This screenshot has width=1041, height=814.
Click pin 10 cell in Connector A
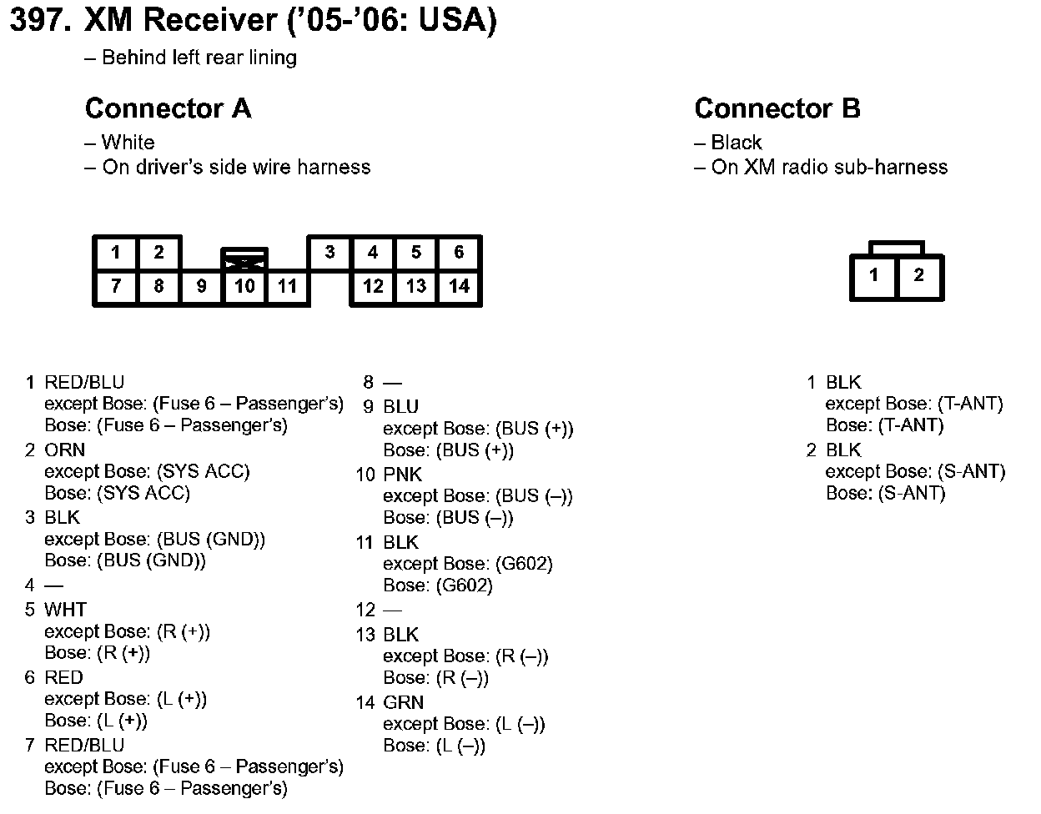[244, 287]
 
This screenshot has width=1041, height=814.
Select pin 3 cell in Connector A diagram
[330, 252]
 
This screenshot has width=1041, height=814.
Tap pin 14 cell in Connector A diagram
[459, 287]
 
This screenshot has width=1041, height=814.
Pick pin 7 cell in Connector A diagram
[116, 287]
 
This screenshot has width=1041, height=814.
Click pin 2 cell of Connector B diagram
[918, 275]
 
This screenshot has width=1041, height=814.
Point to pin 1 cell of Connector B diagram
[873, 275]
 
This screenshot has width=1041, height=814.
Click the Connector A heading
[168, 108]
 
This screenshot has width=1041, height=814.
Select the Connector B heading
[777, 108]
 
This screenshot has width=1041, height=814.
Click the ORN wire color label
[64, 450]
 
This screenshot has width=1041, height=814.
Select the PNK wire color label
[403, 475]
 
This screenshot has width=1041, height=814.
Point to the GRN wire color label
[404, 702]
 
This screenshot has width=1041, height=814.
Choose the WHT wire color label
[65, 610]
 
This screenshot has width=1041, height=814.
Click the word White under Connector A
[128, 143]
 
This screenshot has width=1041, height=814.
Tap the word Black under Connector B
[737, 143]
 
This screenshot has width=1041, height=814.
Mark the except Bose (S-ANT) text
[915, 472]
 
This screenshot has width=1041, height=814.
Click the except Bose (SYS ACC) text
[147, 472]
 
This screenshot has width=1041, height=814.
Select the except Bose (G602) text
[468, 564]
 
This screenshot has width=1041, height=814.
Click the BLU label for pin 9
[401, 407]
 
